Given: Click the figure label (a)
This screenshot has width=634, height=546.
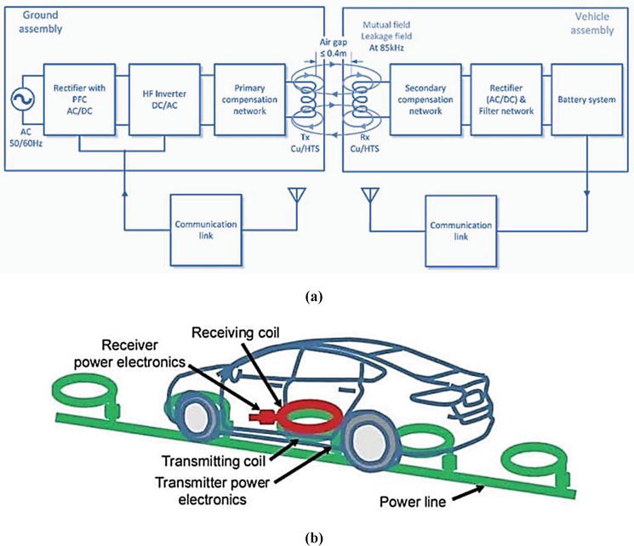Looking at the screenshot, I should (x=316, y=298).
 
